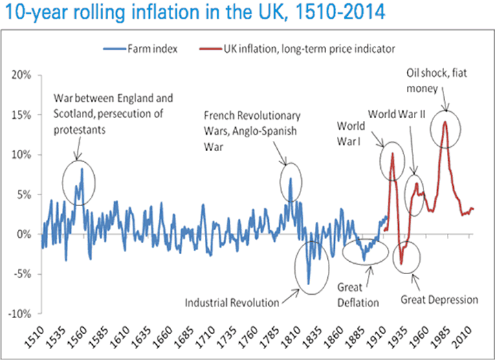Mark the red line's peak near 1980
click(x=445, y=122)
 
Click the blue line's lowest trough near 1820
click(x=309, y=283)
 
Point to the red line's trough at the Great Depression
click(x=401, y=263)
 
